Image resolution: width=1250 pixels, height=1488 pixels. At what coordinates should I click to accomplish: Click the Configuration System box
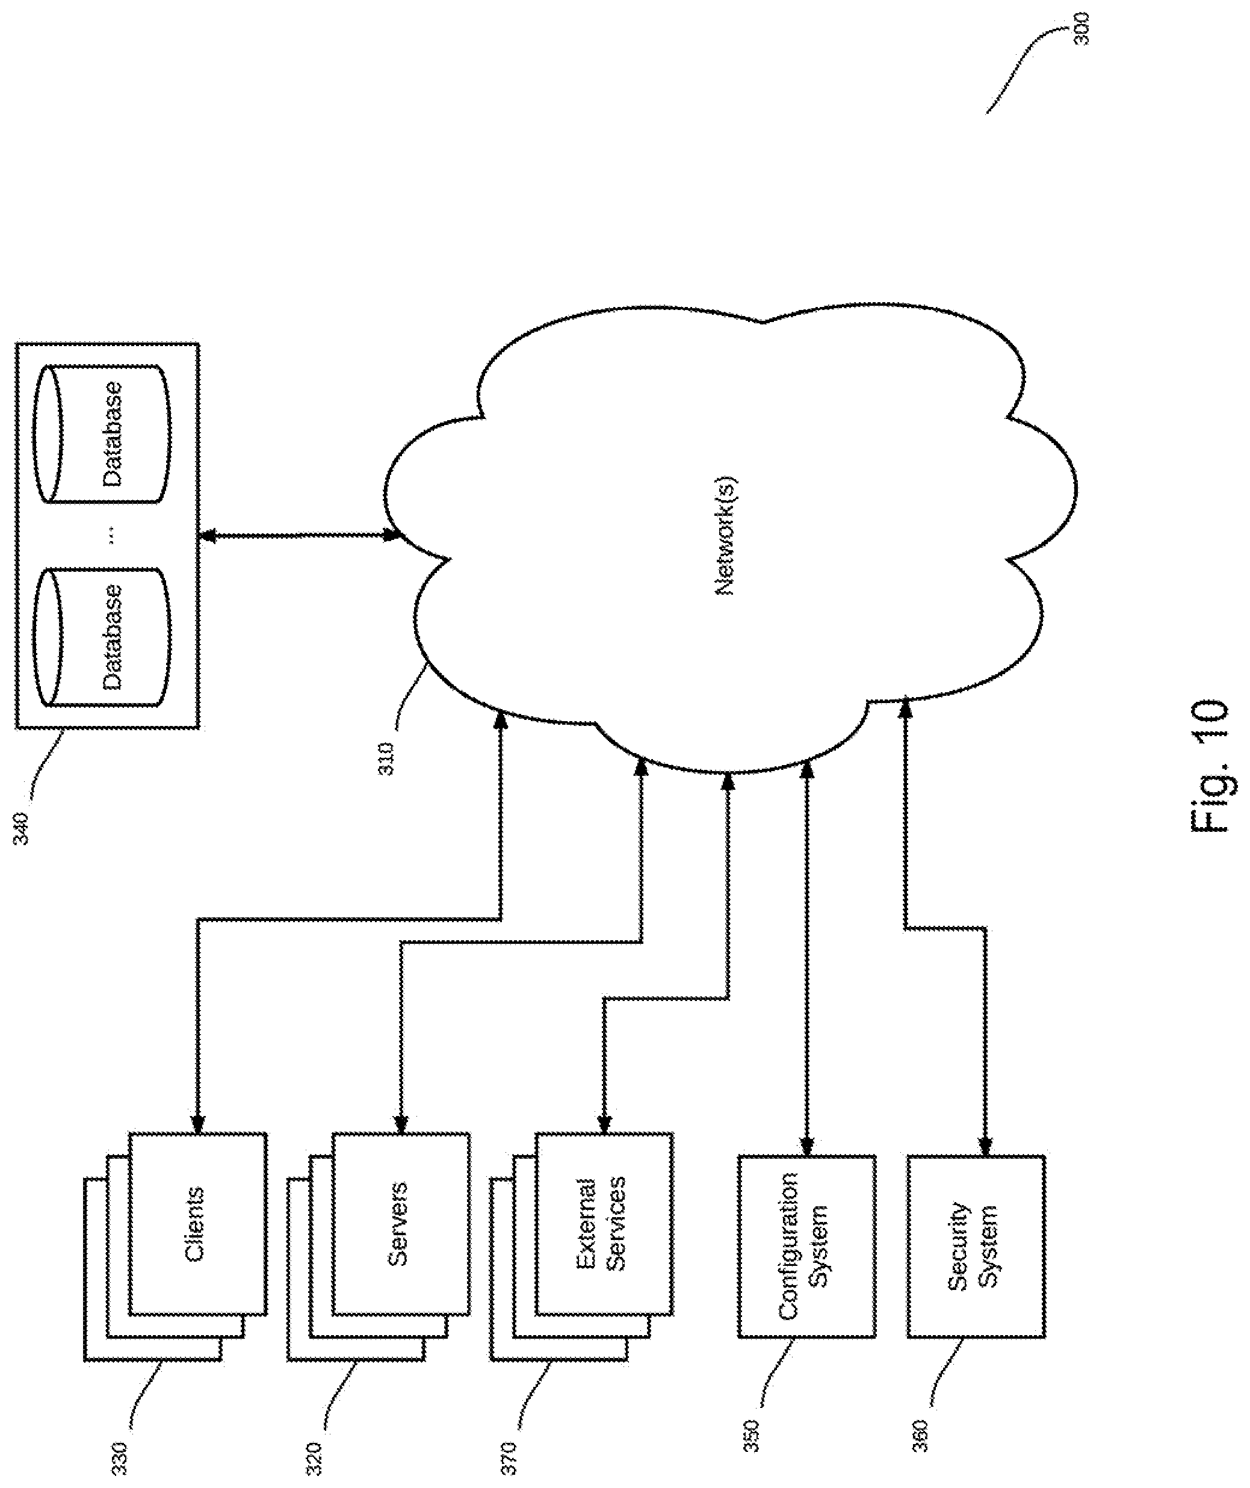coord(806,1247)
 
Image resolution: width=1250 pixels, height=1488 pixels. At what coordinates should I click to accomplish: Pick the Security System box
coord(977,1247)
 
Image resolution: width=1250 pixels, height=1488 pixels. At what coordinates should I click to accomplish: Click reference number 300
coord(1082,28)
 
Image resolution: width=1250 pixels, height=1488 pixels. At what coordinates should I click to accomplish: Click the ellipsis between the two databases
coord(113,536)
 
